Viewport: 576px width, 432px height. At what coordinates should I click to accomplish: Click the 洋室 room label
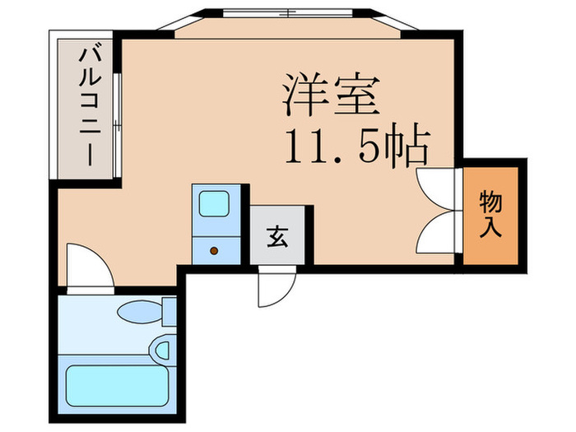(332, 95)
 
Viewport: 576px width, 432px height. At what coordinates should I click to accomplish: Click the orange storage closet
(490, 214)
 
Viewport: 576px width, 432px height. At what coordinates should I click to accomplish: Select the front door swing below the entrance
(276, 289)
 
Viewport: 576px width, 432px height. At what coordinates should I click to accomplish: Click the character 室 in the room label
(355, 95)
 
